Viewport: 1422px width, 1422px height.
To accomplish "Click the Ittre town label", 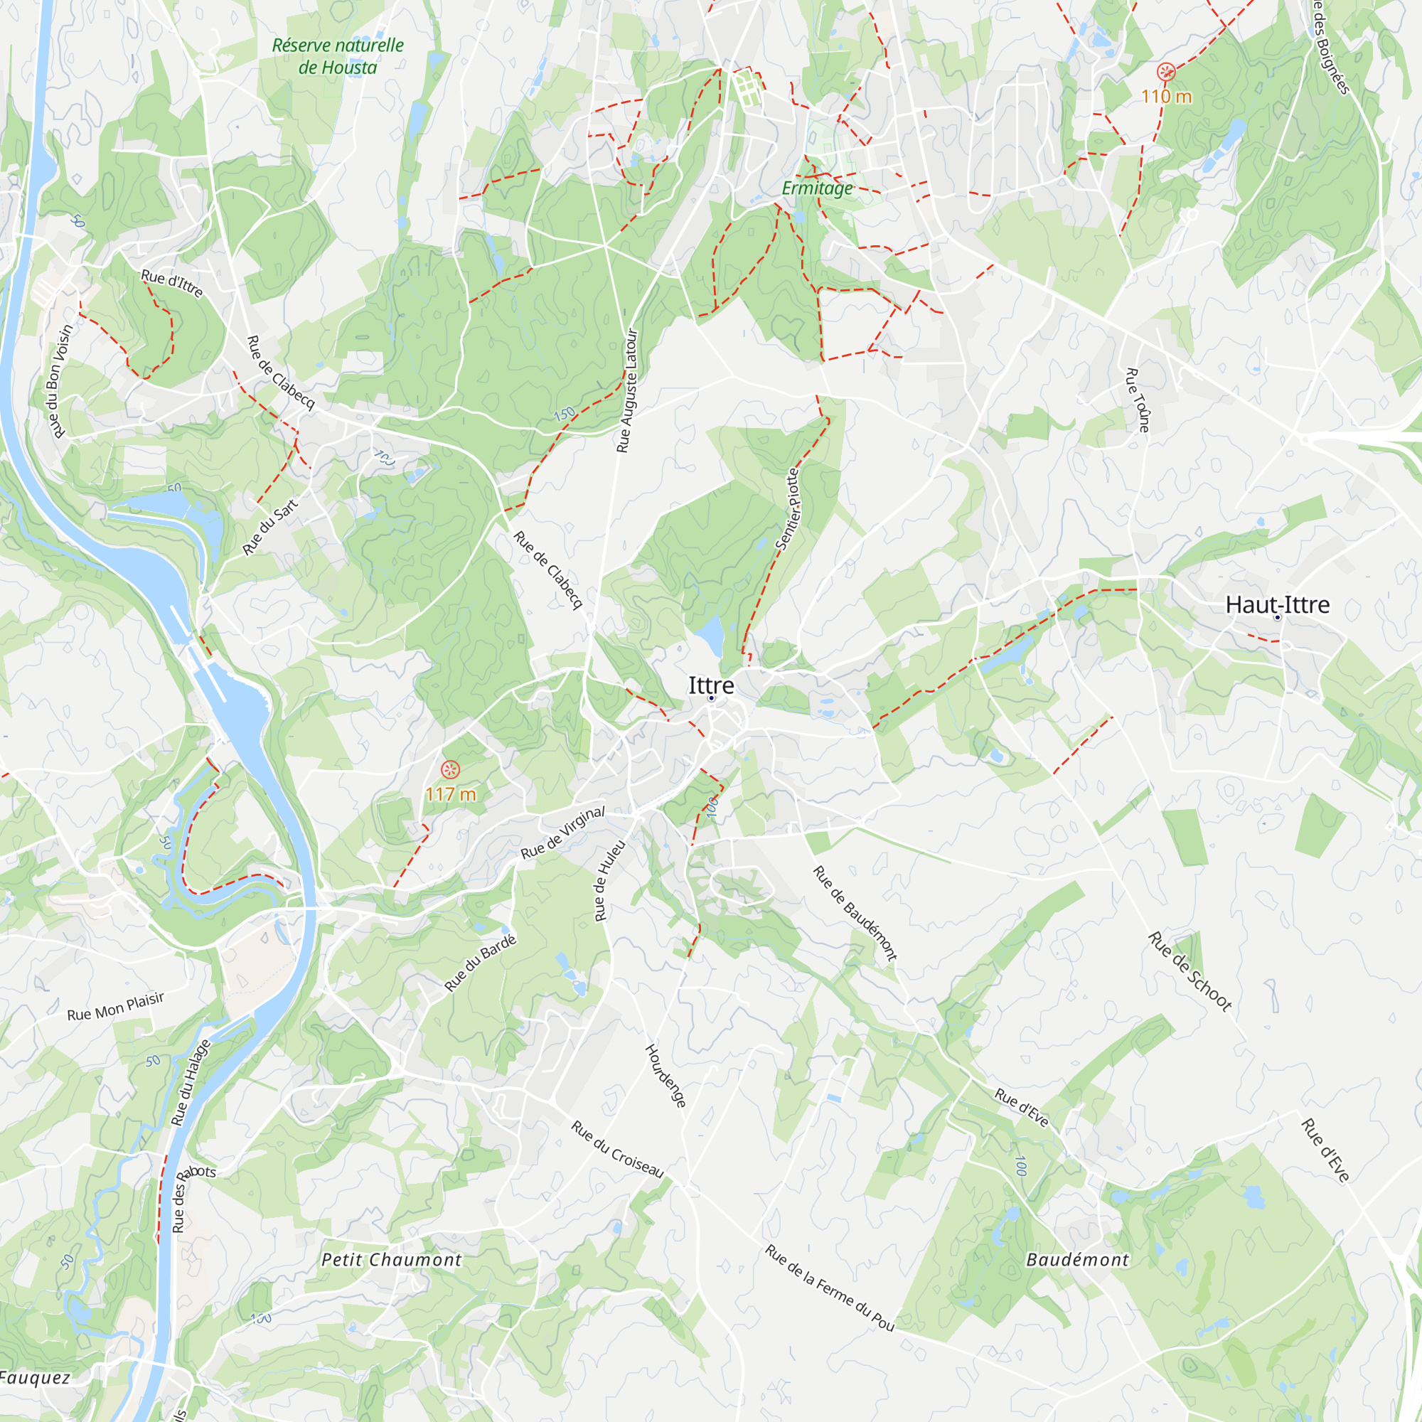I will tap(710, 685).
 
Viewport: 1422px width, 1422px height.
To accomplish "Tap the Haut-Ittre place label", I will tap(1277, 605).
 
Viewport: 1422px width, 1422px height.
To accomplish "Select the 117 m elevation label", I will tap(451, 794).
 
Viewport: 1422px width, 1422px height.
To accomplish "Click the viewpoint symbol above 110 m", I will tap(1165, 71).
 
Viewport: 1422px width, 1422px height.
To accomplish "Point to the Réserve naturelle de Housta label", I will tap(338, 56).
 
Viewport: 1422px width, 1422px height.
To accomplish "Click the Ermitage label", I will tap(817, 188).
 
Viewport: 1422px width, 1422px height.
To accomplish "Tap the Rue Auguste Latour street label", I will tap(627, 391).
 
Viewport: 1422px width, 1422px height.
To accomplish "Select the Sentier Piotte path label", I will tap(788, 508).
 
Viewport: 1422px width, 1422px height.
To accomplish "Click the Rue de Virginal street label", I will tap(562, 833).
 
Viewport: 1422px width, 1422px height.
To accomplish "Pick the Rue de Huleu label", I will tap(609, 880).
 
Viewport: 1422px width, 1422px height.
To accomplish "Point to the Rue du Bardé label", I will tap(481, 963).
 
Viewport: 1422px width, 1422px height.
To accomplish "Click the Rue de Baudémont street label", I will tap(855, 913).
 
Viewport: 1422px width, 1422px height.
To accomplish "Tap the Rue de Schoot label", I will tap(1190, 971).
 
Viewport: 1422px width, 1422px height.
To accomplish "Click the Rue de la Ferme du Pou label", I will tap(830, 1288).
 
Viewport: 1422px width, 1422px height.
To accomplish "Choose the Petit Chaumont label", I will tap(392, 1259).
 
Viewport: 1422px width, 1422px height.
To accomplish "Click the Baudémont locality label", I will tap(1078, 1259).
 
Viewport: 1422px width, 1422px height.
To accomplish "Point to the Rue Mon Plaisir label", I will tap(116, 1006).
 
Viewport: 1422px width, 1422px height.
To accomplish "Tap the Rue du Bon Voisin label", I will tap(59, 381).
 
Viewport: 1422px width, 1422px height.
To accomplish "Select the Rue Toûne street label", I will tap(1137, 400).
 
